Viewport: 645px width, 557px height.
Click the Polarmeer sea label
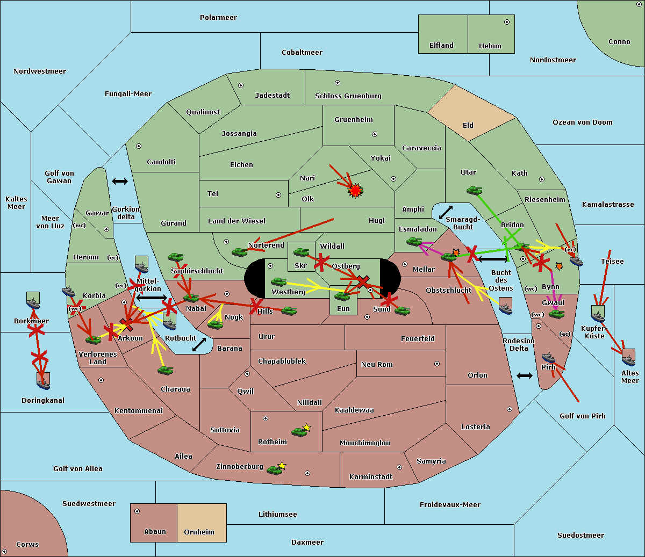coord(218,18)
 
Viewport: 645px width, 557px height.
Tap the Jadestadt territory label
coord(272,95)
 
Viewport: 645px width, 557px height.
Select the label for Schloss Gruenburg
coord(348,96)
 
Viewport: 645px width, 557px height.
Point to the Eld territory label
coord(468,126)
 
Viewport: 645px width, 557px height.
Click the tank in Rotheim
coord(299,431)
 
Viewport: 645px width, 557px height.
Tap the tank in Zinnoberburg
coord(275,470)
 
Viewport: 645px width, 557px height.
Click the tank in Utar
coord(474,190)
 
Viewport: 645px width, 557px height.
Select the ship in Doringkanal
coord(44,381)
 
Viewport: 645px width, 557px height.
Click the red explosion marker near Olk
coord(355,190)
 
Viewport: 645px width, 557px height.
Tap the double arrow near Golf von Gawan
coord(120,181)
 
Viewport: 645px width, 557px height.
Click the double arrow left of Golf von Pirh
coord(525,375)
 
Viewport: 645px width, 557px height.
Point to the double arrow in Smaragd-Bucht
coord(446,212)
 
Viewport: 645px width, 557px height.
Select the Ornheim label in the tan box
coord(199,532)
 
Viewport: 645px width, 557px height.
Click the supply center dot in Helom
coord(506,22)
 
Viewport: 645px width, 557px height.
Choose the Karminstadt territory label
coord(371,476)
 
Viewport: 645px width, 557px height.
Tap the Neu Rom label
coord(377,364)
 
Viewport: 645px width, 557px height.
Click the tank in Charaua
coord(165,370)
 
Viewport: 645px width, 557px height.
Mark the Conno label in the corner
coord(619,42)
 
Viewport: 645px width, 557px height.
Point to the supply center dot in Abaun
coord(137,511)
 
